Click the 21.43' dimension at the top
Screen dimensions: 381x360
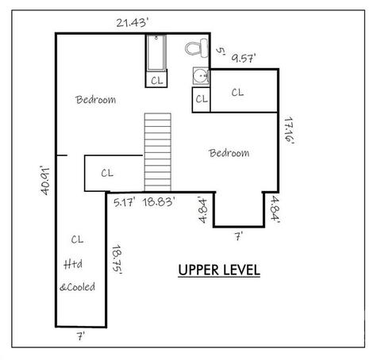(x=131, y=23)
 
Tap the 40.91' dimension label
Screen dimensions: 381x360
(x=45, y=181)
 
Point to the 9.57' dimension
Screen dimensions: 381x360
(x=244, y=58)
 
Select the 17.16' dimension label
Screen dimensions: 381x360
(x=289, y=131)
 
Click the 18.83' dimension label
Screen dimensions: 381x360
(x=159, y=202)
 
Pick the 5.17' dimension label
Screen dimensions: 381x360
(x=125, y=203)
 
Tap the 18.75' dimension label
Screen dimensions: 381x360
(x=117, y=259)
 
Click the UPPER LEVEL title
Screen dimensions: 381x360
(x=219, y=270)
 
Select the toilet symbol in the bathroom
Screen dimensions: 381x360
(x=197, y=48)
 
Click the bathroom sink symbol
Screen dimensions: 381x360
(x=201, y=76)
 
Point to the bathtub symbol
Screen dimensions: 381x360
(x=156, y=53)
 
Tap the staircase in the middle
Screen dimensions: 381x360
(x=158, y=152)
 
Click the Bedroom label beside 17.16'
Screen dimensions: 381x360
(x=229, y=153)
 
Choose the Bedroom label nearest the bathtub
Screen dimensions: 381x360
(x=95, y=100)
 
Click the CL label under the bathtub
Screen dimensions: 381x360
(x=157, y=80)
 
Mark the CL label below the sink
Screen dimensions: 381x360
(x=202, y=99)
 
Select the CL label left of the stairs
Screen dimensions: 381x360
(x=107, y=173)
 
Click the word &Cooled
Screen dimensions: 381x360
(x=77, y=287)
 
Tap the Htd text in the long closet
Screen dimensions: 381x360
(x=73, y=264)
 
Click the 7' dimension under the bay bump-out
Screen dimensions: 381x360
(x=239, y=236)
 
